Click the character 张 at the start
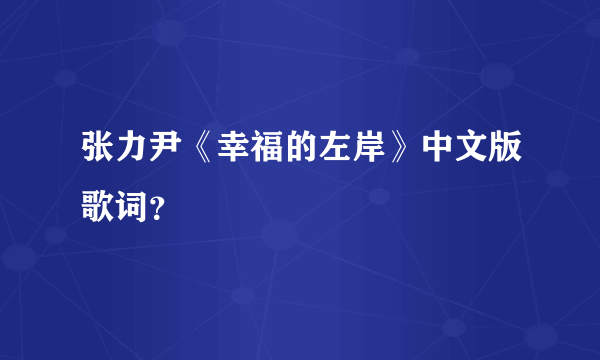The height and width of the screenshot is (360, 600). (x=98, y=151)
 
